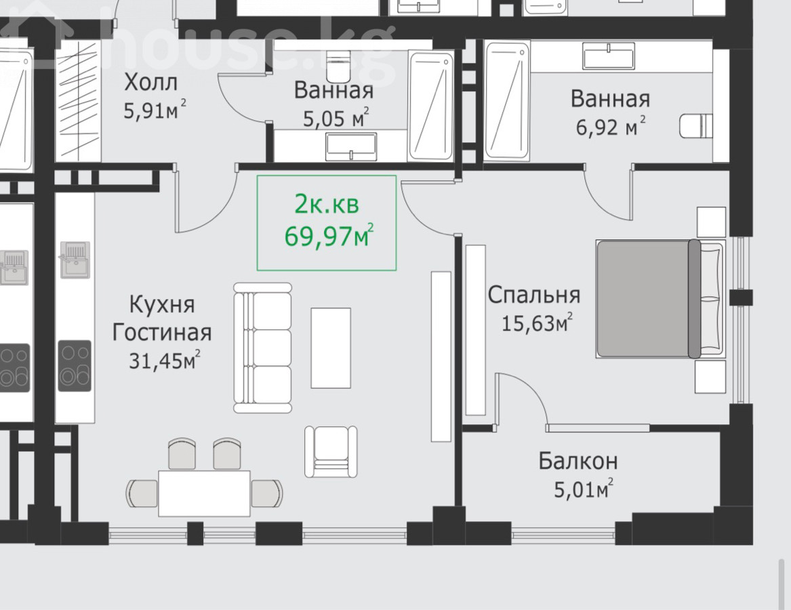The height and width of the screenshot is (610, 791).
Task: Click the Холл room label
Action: [x=151, y=82]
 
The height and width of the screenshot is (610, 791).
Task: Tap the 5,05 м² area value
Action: [x=336, y=118]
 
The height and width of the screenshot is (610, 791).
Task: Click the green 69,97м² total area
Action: [x=329, y=235]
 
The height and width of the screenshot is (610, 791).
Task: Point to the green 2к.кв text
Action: [x=327, y=204]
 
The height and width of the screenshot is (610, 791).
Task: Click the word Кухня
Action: [x=162, y=305]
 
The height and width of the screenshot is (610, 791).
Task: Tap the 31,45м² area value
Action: [x=165, y=361]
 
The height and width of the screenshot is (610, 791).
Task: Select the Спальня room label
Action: [x=534, y=295]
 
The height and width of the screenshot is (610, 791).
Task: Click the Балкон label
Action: [x=578, y=461]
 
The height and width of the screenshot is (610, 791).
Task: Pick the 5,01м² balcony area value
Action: [x=584, y=489]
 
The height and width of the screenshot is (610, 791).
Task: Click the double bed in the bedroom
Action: [x=660, y=299]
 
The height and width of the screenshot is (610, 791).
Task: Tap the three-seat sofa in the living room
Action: [x=263, y=348]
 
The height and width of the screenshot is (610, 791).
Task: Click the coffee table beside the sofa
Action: [x=330, y=348]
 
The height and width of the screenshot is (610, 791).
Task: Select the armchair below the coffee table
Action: [x=331, y=451]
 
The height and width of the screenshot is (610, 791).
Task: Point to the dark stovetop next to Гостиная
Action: [x=75, y=366]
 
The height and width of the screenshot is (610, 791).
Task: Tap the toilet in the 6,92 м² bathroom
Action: [x=696, y=125]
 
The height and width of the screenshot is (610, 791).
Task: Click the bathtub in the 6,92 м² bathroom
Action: [x=507, y=102]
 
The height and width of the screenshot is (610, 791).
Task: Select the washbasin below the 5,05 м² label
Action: [x=351, y=147]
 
